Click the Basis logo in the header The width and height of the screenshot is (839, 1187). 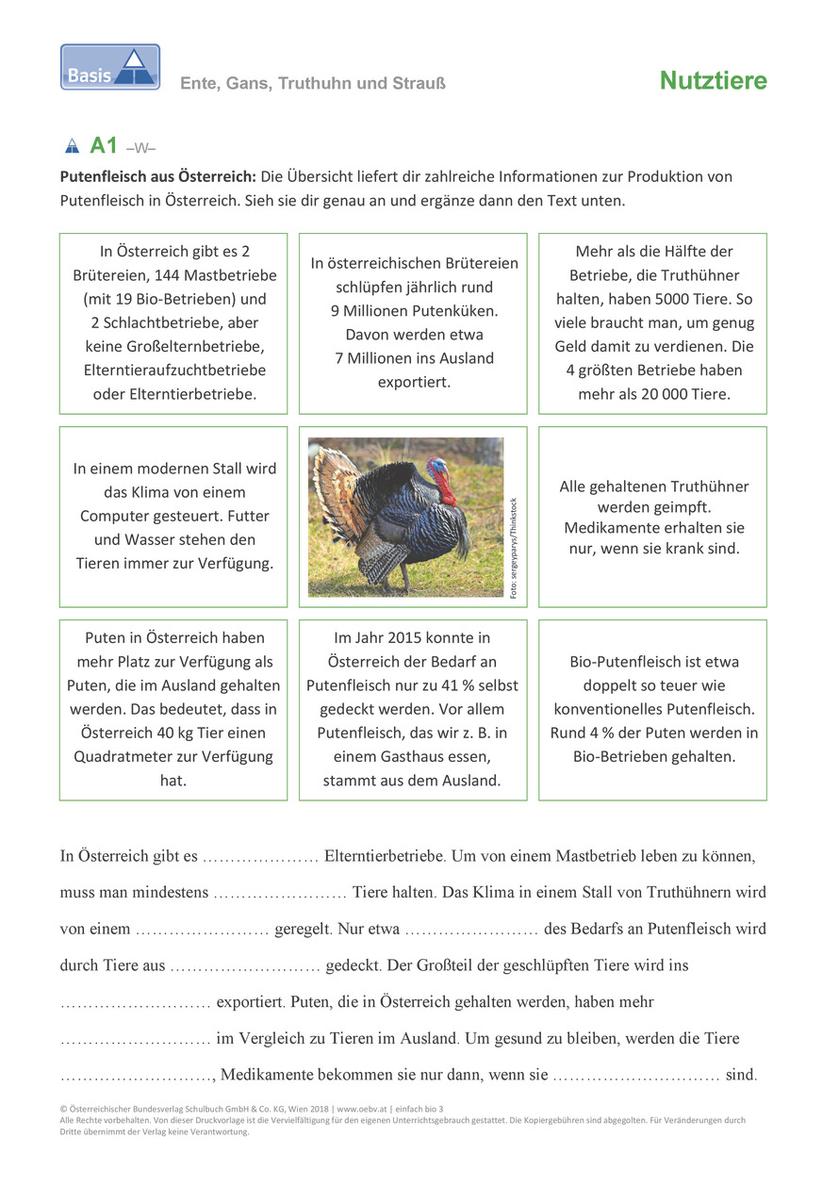tap(110, 67)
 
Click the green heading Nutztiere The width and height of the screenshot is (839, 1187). tap(713, 82)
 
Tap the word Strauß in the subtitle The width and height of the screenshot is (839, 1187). tap(419, 84)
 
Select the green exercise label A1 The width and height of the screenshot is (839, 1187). tap(104, 146)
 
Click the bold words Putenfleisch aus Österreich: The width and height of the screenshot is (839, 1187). tap(158, 176)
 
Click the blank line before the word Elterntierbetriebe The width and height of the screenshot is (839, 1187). tap(260, 858)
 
